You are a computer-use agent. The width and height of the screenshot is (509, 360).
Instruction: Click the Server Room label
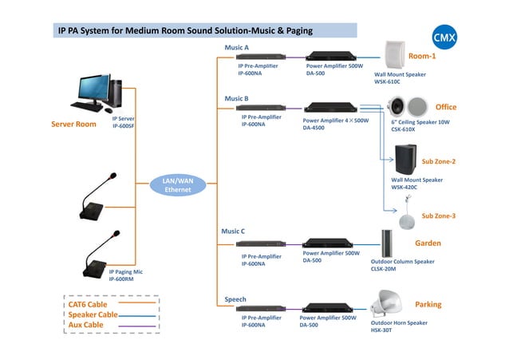point(73,125)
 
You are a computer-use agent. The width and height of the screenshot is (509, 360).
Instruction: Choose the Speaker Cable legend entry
point(92,315)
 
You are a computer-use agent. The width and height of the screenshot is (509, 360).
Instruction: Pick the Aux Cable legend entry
point(85,325)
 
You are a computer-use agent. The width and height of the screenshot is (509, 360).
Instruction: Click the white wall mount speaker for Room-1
point(397,55)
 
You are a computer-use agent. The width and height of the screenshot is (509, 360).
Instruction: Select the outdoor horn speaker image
point(391,304)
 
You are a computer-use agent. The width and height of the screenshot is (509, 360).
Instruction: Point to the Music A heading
point(238,48)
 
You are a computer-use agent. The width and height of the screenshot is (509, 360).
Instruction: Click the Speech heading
point(235,299)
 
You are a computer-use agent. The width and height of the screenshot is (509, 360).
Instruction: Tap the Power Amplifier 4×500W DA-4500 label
point(335,124)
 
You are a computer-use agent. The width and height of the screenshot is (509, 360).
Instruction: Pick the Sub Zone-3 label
point(438,216)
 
